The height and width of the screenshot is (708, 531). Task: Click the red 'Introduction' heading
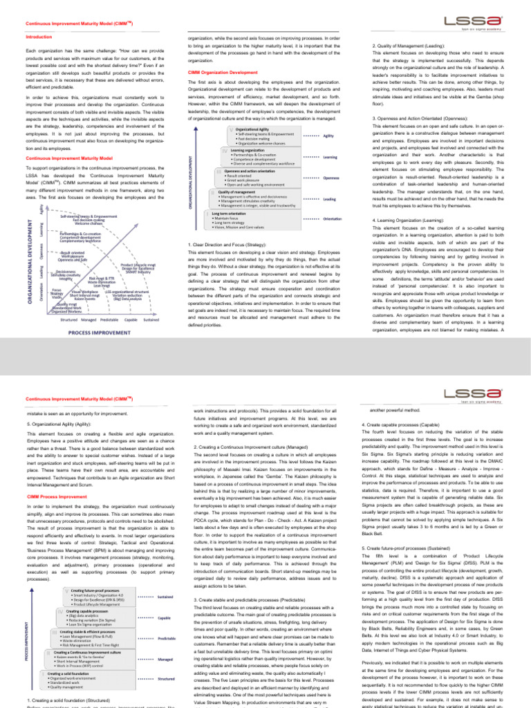tap(38, 36)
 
